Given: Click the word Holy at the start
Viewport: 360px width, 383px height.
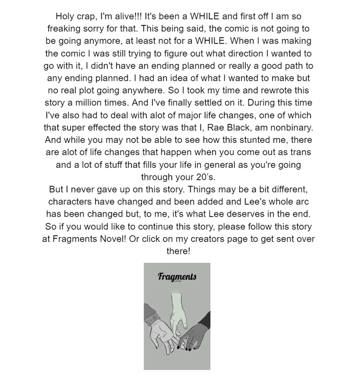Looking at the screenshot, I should [65, 16].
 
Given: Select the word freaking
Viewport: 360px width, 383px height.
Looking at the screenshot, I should [64, 29].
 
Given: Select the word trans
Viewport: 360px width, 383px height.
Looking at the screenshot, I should [300, 152].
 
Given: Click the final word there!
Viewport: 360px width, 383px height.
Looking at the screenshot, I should [178, 251].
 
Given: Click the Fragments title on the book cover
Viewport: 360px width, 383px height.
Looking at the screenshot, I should [177, 277].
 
